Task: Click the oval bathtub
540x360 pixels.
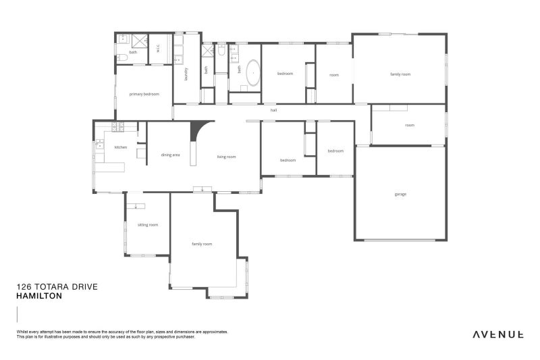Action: [x=254, y=73]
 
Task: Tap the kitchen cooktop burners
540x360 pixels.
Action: [x=117, y=126]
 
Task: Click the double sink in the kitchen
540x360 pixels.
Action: [x=99, y=144]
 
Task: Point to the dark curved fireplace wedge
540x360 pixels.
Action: [x=199, y=130]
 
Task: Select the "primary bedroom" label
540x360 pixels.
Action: [x=144, y=94]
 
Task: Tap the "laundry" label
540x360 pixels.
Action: [x=186, y=74]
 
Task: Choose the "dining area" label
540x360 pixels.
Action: [x=170, y=155]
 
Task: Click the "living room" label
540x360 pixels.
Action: [x=227, y=157]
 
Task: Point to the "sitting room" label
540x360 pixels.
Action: [x=148, y=225]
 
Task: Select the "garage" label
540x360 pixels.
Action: [x=400, y=195]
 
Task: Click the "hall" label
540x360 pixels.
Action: [x=273, y=110]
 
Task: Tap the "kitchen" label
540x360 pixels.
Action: [x=121, y=147]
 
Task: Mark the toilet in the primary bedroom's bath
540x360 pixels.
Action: [x=122, y=57]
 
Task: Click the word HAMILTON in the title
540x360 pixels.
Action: [x=39, y=296]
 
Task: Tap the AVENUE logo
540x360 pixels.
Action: [x=498, y=334]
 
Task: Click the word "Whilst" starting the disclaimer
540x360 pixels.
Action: [x=21, y=332]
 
